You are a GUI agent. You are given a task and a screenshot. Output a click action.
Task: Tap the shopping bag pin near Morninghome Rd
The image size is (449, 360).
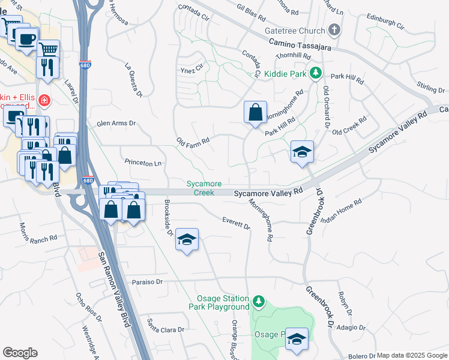255,112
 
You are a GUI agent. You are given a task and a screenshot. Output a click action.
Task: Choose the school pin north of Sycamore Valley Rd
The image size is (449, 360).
303,151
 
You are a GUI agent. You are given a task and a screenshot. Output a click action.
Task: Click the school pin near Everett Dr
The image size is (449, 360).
187,239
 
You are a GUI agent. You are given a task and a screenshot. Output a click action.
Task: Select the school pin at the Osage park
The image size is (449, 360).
297,339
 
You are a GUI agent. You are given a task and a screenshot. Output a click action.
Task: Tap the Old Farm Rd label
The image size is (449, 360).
193,142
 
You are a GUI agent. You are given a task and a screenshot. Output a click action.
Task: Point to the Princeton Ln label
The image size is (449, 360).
143,163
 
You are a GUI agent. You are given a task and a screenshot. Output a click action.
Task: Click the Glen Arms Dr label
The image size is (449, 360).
116,124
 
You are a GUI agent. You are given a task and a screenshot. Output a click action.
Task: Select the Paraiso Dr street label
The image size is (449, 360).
148,281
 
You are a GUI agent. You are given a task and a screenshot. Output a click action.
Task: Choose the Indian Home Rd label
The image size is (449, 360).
342,211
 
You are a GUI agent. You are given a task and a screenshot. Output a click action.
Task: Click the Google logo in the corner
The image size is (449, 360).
20,353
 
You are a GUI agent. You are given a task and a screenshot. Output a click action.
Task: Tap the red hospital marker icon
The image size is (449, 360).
43,100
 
